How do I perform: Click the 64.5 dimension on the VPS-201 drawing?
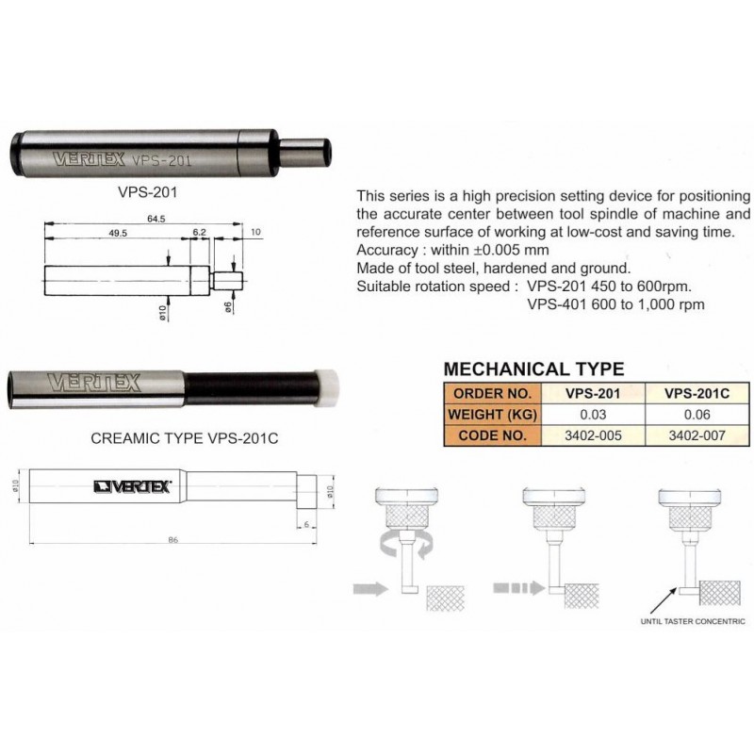tap(156, 219)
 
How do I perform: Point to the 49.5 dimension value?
tap(118, 233)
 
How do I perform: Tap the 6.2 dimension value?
tap(200, 232)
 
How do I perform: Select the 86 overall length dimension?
tap(173, 540)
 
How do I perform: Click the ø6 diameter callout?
tap(228, 306)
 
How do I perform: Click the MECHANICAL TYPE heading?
tap(533, 369)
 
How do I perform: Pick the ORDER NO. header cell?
tap(492, 393)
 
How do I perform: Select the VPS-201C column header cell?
tap(697, 393)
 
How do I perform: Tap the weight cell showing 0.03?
tap(593, 415)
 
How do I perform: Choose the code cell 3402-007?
tap(697, 435)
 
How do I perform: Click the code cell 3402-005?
tap(593, 435)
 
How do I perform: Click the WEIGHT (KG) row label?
tap(492, 415)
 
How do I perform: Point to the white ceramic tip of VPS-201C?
tap(326, 388)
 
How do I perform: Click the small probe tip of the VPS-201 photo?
tap(304, 153)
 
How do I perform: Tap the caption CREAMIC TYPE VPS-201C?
tap(184, 438)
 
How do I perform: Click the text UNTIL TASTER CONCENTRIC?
tap(693, 621)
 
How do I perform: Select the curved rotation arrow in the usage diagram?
tap(406, 547)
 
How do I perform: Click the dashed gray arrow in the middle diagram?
tap(518, 587)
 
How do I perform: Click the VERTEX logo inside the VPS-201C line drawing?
tap(133, 487)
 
